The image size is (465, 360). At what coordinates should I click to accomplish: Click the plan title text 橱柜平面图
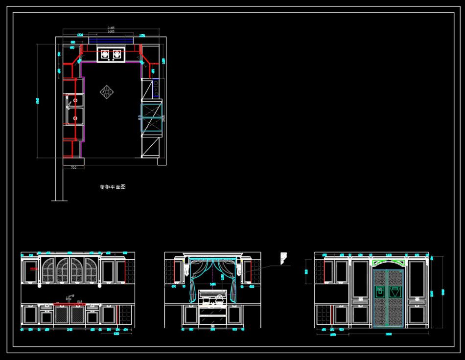(113, 187)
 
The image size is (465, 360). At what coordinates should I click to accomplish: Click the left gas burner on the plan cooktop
(105, 55)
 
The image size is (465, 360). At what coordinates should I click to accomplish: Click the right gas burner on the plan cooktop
(117, 55)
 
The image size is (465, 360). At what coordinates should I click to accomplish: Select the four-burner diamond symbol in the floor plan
(107, 91)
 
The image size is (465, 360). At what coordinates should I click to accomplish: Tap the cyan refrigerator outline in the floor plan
(151, 117)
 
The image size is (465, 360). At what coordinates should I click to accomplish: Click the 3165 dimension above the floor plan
(112, 28)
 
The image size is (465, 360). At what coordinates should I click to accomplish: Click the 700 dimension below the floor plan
(74, 168)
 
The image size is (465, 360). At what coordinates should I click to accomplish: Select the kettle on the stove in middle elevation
(219, 297)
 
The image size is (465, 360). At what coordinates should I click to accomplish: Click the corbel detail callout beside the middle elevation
(283, 257)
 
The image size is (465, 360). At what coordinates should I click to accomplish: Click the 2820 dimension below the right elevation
(388, 334)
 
